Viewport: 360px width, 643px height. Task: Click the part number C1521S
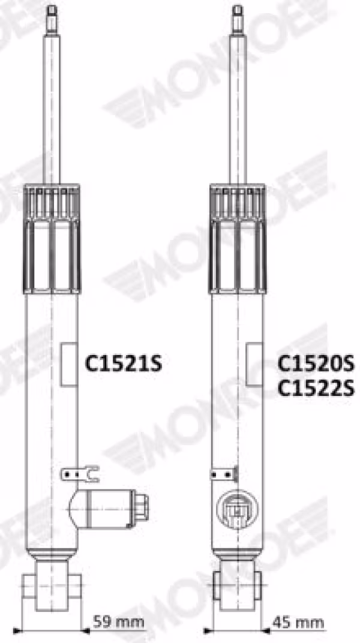pos(123,363)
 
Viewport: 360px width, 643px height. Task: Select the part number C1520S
pos(316,363)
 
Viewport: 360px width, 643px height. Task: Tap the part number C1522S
pos(316,388)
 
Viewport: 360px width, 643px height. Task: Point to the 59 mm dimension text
pos(118,623)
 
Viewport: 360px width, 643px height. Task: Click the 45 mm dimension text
pos(298,623)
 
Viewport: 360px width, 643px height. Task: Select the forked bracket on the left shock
pos(80,474)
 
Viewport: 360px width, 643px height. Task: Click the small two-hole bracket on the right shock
pos(224,474)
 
